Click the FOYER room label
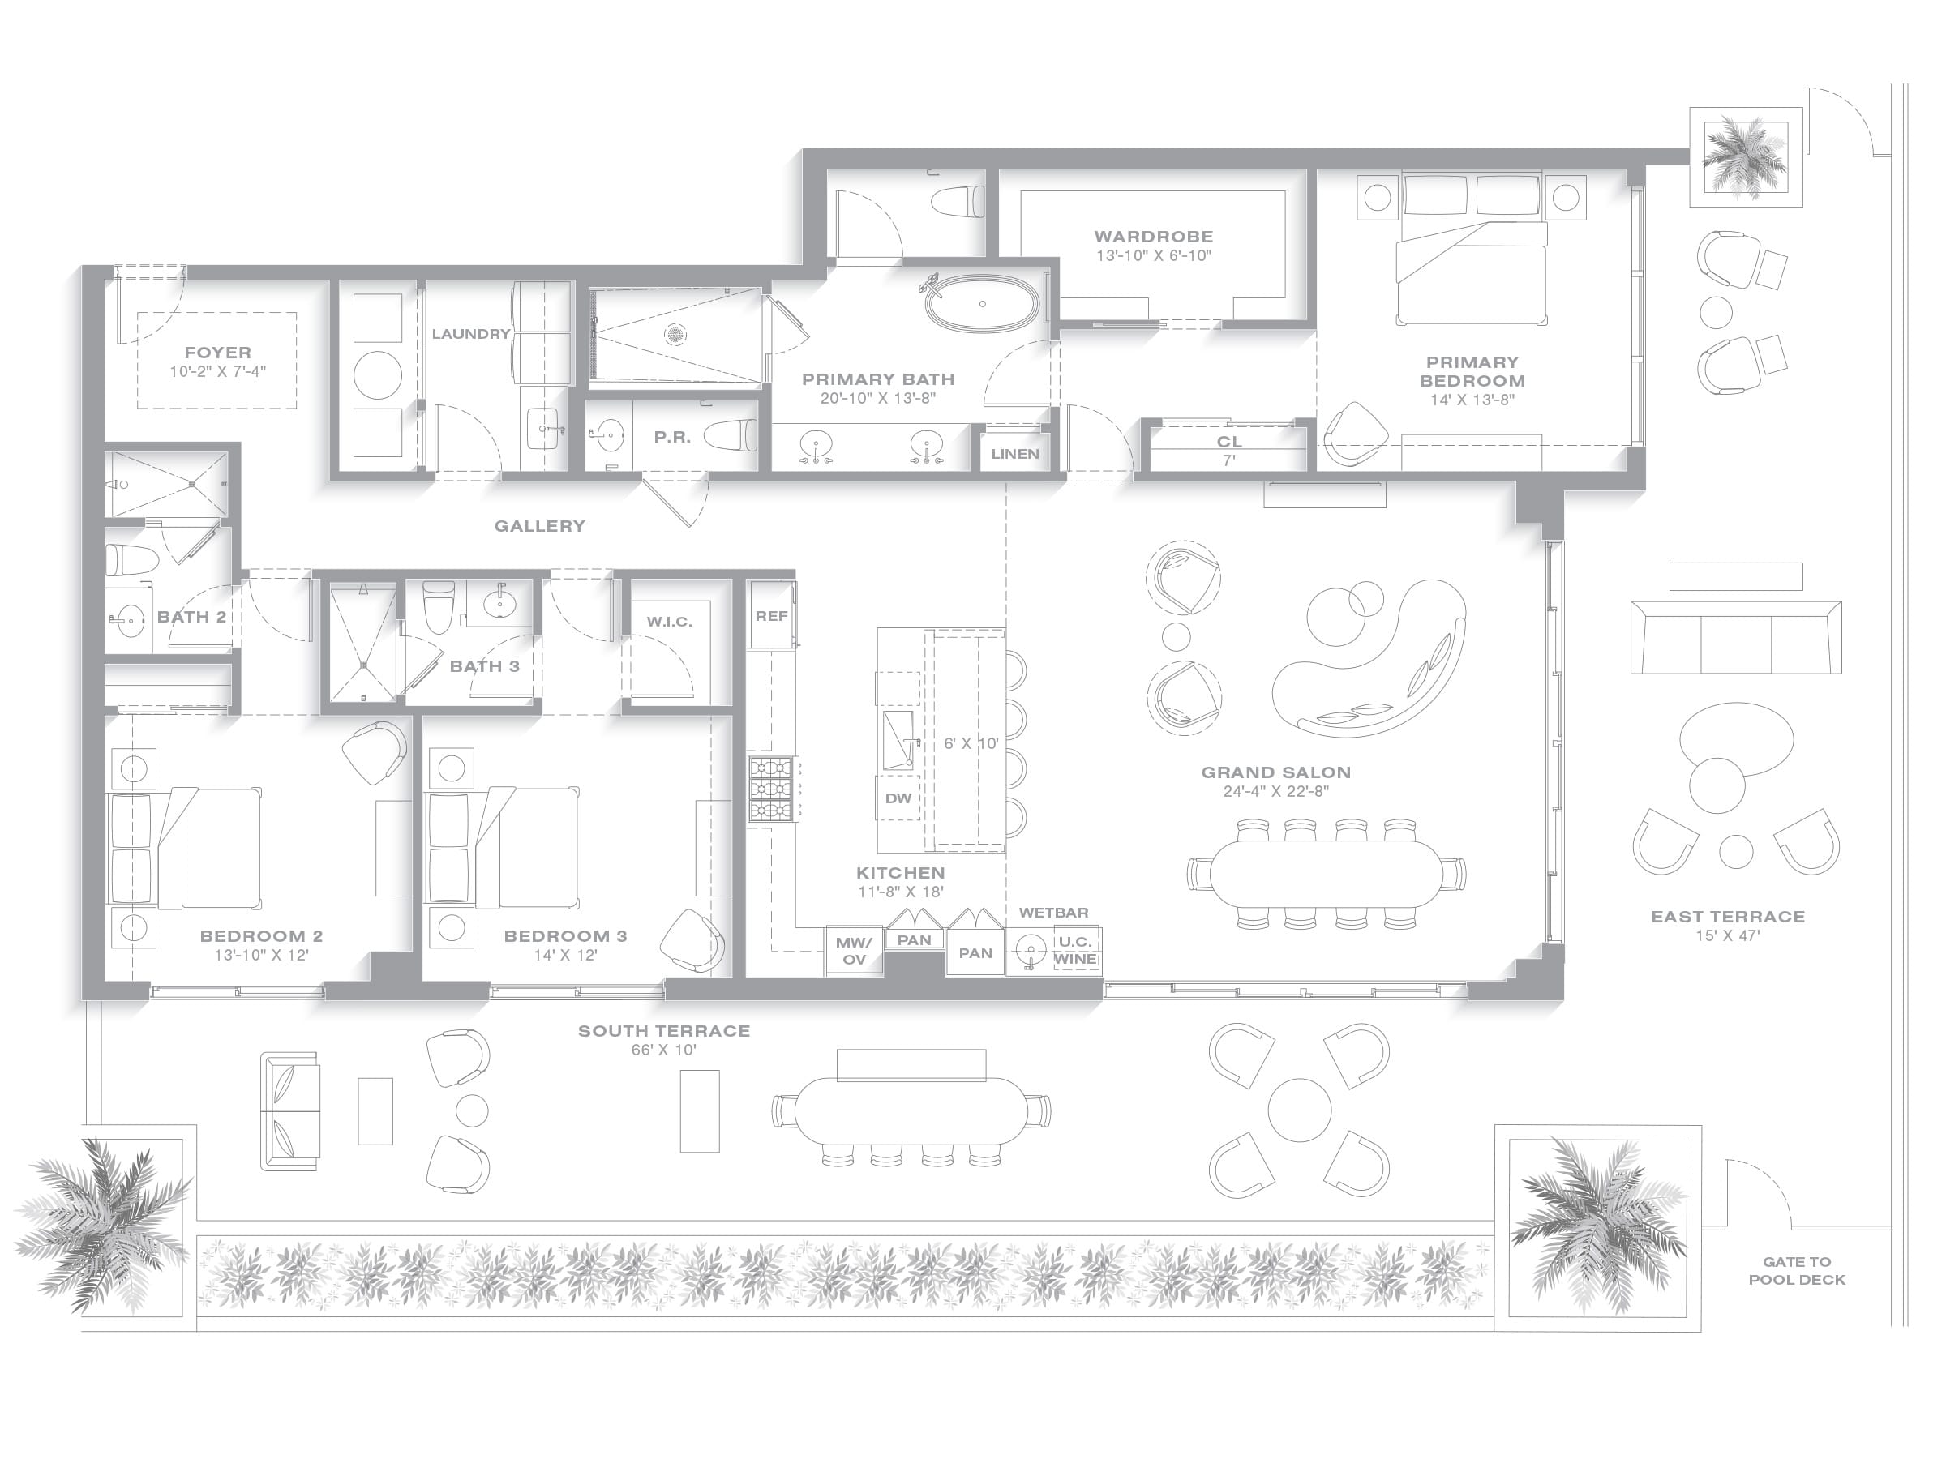click(217, 352)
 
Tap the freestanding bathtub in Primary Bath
click(982, 303)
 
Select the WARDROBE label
click(1153, 237)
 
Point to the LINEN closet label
click(1014, 454)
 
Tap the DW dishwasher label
click(898, 798)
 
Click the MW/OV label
click(853, 951)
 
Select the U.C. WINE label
click(1075, 950)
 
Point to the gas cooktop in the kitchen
click(774, 789)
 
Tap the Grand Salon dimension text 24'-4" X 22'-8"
click(1275, 790)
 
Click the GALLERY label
click(539, 526)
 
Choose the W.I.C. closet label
click(670, 622)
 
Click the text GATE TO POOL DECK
click(1797, 1271)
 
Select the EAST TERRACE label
click(1728, 917)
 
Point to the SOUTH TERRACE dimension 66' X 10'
click(663, 1050)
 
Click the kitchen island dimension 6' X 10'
click(971, 743)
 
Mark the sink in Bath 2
click(129, 620)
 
